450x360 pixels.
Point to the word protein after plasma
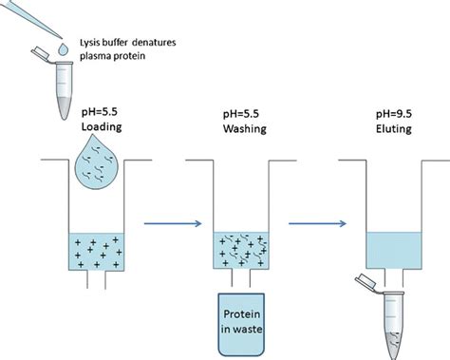[135, 60]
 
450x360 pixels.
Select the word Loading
[104, 124]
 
